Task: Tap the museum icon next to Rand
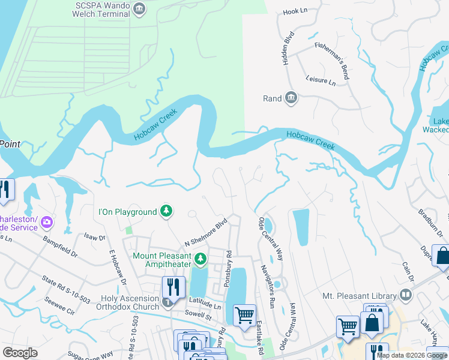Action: coord(291,98)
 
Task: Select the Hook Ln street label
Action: coord(294,11)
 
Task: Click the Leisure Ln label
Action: coord(321,80)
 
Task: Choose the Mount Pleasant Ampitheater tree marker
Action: coord(200,260)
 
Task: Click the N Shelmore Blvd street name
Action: coord(206,232)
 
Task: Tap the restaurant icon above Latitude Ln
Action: coord(173,287)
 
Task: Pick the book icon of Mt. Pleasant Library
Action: coord(406,295)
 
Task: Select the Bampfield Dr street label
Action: coord(60,246)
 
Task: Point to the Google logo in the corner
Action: coord(20,353)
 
